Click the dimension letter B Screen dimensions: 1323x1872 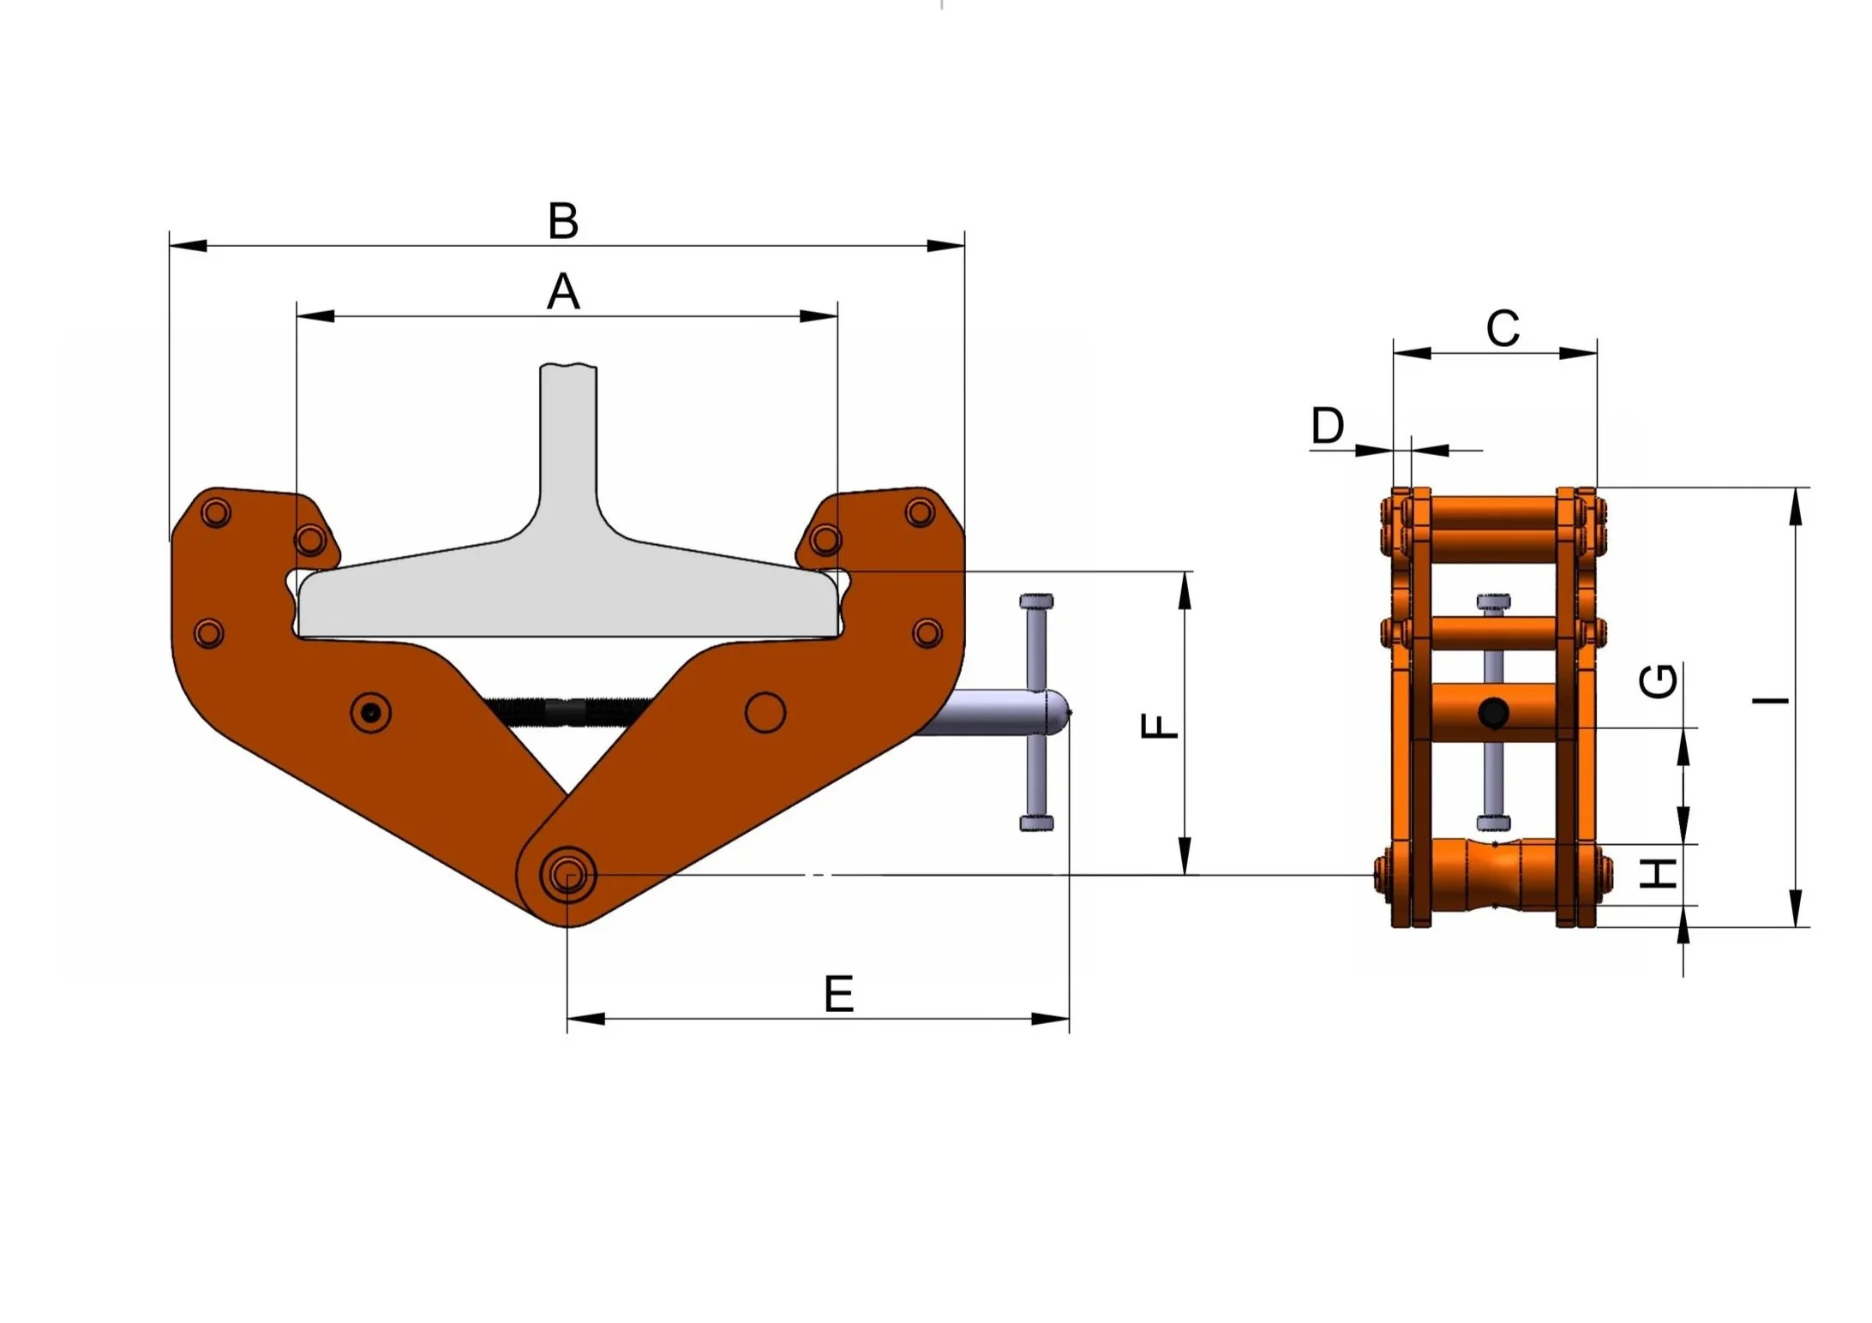(x=563, y=221)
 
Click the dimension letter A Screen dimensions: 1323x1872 (x=563, y=292)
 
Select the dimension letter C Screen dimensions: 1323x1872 (x=1503, y=329)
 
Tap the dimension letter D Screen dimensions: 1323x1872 (x=1328, y=425)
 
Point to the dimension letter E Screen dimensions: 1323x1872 (x=838, y=994)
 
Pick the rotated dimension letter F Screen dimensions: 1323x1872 (x=1160, y=726)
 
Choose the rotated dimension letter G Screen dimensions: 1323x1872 (x=1658, y=681)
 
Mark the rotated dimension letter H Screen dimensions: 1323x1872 (x=1658, y=873)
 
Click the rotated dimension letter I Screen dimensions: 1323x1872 (x=1771, y=701)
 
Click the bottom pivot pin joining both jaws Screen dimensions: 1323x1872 (x=567, y=876)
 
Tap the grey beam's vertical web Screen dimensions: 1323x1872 (x=568, y=446)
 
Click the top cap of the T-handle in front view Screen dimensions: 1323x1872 (x=1036, y=601)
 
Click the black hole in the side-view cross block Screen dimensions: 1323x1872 (x=1494, y=712)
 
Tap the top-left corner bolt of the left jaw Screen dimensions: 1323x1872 (x=215, y=513)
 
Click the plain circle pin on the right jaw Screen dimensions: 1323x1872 (x=765, y=713)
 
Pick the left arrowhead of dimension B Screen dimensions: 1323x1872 (x=188, y=246)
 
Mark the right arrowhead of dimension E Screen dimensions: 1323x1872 (x=1051, y=1019)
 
